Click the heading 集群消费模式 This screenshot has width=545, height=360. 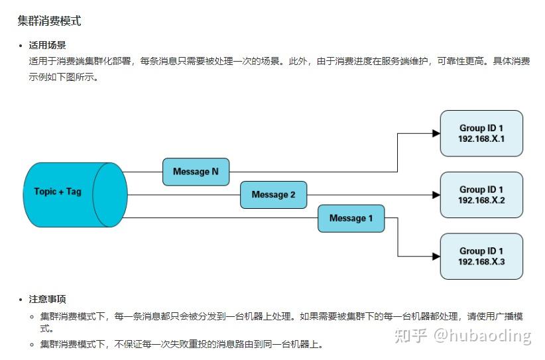click(49, 21)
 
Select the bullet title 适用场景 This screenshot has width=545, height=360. click(47, 46)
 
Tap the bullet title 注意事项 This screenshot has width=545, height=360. click(47, 299)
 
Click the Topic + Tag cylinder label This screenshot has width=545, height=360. click(58, 191)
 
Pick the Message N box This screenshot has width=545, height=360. click(196, 172)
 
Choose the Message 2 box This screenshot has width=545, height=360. click(273, 195)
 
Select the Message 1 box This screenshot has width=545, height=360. click(351, 218)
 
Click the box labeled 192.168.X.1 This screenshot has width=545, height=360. click(481, 133)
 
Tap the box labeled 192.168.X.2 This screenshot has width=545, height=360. click(481, 195)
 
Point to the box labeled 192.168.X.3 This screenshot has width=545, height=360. click(481, 257)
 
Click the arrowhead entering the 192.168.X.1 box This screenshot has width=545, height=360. click(436, 133)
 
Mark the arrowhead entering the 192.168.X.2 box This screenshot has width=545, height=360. click(436, 195)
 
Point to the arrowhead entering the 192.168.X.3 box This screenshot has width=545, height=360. click(436, 256)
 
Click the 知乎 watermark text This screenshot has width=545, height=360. click(410, 335)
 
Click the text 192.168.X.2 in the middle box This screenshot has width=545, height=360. click(481, 200)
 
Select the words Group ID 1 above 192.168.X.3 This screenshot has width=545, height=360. click(481, 251)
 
